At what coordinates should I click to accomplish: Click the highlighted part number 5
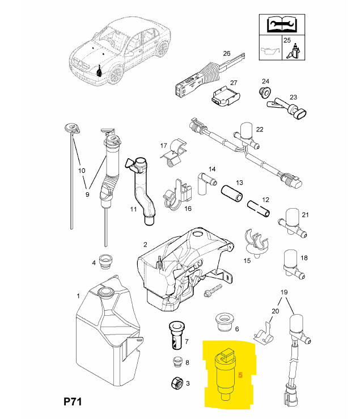coord(241,375)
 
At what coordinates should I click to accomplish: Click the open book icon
coord(278,25)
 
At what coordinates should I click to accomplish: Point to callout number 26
coord(226,54)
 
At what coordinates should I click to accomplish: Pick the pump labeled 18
coord(290,263)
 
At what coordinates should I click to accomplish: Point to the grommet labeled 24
coord(262,91)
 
